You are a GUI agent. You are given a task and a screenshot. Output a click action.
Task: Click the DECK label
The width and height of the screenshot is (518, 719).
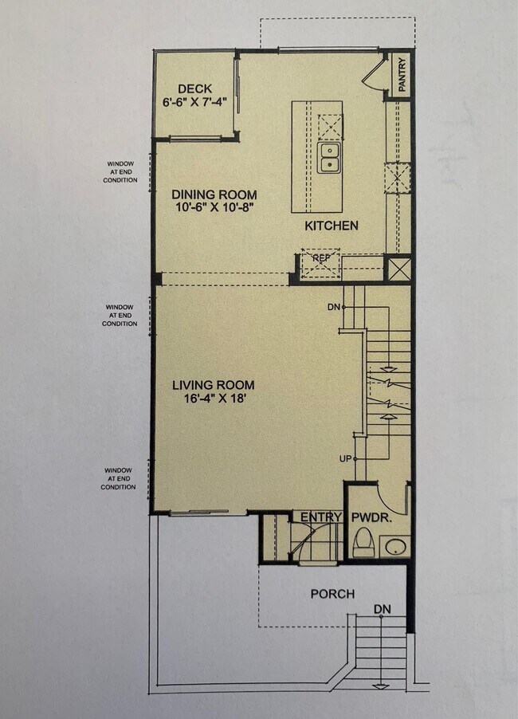click(x=194, y=88)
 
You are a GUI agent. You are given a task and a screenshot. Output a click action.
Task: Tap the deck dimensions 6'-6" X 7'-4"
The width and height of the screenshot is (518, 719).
click(x=194, y=103)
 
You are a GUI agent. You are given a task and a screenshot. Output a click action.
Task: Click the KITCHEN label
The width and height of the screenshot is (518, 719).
click(x=332, y=226)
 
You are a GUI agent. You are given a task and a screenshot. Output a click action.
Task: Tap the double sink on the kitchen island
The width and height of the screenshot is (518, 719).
click(x=328, y=158)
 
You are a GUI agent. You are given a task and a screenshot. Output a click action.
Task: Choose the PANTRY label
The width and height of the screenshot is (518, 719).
click(x=402, y=75)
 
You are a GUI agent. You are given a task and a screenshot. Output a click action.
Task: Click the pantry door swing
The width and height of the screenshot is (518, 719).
click(x=372, y=73)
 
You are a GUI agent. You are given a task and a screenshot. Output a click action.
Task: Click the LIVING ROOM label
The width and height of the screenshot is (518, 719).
click(x=214, y=386)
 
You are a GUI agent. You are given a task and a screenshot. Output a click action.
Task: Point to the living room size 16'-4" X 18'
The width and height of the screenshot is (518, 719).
click(x=214, y=400)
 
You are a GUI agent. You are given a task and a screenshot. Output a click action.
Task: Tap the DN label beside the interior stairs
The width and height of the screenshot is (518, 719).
click(x=333, y=307)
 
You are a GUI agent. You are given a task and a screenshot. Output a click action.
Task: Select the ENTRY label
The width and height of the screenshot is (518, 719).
click(x=320, y=517)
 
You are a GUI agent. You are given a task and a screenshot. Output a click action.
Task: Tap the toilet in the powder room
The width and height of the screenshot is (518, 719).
click(x=363, y=543)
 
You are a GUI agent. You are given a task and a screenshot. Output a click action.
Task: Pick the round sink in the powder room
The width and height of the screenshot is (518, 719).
click(x=394, y=547)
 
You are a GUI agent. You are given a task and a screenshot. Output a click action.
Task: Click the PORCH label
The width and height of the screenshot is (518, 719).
click(x=332, y=594)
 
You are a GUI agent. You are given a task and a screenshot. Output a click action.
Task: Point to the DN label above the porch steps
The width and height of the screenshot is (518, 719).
click(x=383, y=609)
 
